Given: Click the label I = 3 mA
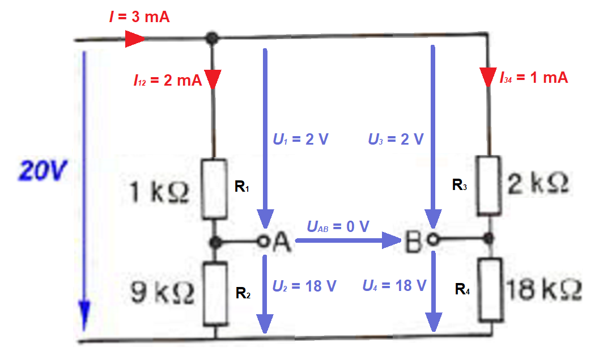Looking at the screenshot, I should pyautogui.click(x=139, y=16).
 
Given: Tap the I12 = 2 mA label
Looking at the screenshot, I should pyautogui.click(x=168, y=81).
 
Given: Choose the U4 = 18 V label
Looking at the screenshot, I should pyautogui.click(x=394, y=286).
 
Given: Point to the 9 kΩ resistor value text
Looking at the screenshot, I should pyautogui.click(x=159, y=293).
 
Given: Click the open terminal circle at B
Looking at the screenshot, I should pyautogui.click(x=432, y=239).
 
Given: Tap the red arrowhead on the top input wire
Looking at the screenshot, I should pyautogui.click(x=135, y=39).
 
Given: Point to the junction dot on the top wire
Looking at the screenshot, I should pyautogui.click(x=211, y=39).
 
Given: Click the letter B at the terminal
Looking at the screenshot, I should pyautogui.click(x=415, y=242).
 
